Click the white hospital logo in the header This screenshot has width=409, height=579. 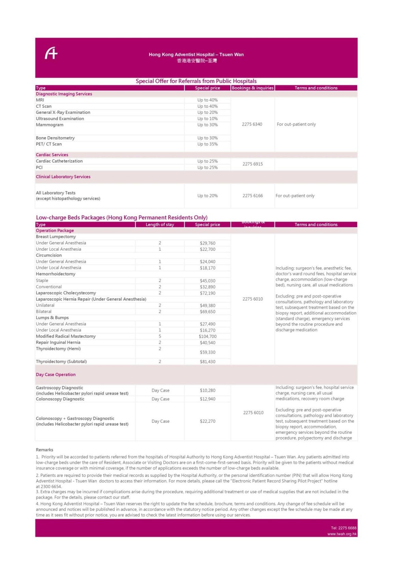[51, 53]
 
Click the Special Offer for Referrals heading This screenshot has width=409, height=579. [196, 81]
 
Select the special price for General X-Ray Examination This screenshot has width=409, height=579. [207, 112]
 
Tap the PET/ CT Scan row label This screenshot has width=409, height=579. [49, 144]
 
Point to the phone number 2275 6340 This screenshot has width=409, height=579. [252, 124]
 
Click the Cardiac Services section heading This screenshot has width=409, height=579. [52, 155]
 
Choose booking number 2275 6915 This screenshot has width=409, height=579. [253, 164]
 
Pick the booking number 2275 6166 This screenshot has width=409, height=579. [253, 196]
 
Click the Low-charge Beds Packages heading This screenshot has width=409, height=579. [122, 217]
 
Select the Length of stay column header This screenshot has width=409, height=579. [160, 225]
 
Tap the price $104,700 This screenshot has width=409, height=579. [207, 336]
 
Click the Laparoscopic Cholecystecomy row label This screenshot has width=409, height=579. [66, 293]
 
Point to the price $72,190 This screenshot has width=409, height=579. [207, 293]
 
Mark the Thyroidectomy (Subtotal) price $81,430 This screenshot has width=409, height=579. [207, 362]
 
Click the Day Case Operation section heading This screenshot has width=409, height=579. [56, 374]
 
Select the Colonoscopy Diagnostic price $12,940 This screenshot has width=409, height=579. [207, 399]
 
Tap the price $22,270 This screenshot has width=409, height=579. [207, 421]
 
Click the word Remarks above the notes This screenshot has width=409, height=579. [44, 450]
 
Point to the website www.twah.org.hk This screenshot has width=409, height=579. [342, 534]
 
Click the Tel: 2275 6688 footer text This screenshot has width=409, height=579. [344, 528]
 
